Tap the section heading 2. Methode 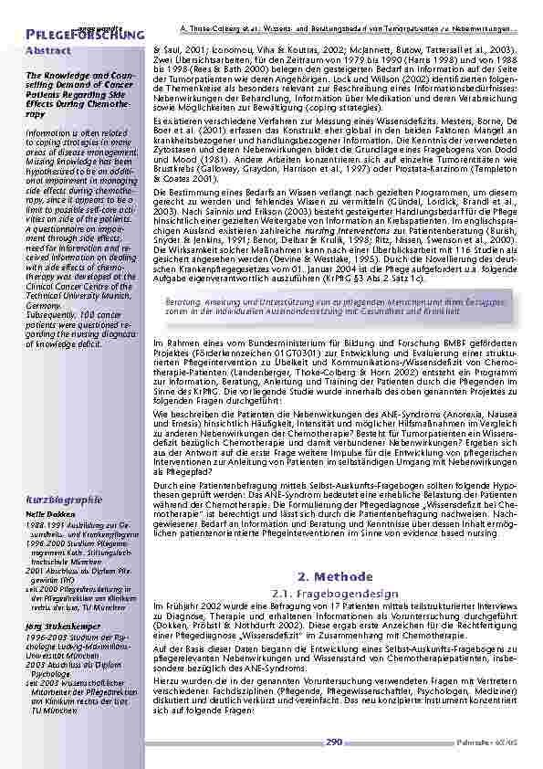(336, 577)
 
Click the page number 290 (334, 743)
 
